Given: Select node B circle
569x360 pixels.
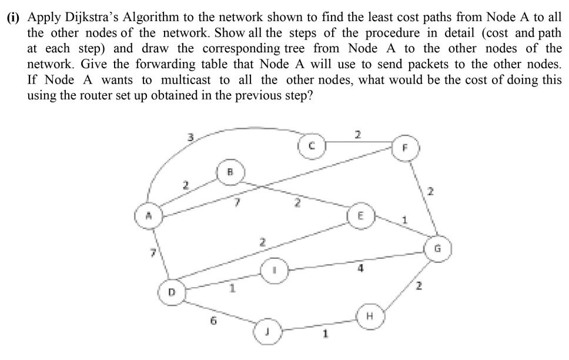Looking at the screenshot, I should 230,174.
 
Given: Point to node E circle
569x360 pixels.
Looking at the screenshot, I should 360,215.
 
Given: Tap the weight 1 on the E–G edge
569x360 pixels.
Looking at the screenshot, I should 404,221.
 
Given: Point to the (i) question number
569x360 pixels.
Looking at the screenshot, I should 15,18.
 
